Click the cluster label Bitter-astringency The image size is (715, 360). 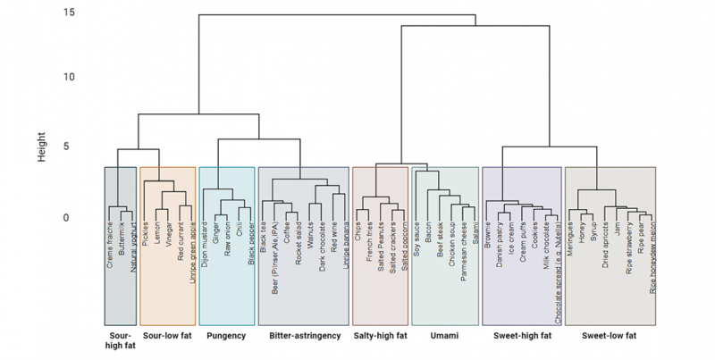click(x=303, y=337)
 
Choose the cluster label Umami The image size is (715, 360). click(x=445, y=337)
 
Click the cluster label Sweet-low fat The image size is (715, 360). click(x=610, y=337)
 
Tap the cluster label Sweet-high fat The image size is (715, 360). click(x=521, y=337)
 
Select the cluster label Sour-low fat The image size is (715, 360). click(x=169, y=337)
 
